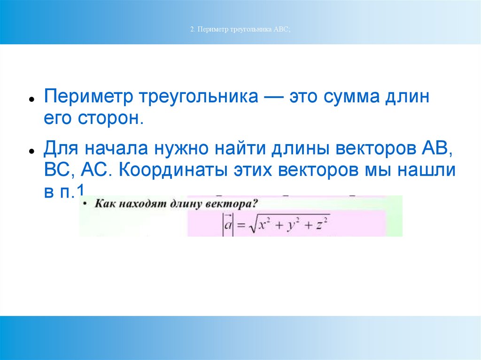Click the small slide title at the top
240,30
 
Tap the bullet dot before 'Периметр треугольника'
31,99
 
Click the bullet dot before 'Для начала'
31,151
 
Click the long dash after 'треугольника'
273,97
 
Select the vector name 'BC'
57,170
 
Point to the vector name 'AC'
93,170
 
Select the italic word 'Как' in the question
105,204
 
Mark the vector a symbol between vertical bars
228,225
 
